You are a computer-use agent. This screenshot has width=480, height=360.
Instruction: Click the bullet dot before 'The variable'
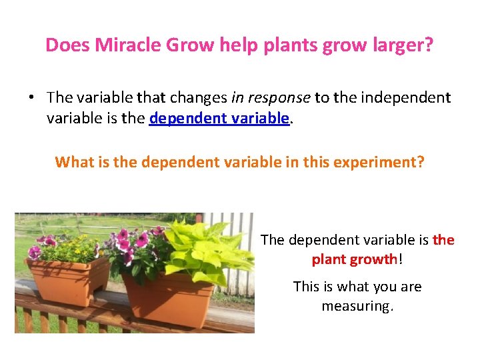pyautogui.click(x=31, y=98)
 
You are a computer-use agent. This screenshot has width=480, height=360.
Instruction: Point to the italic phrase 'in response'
pyautogui.click(x=271, y=97)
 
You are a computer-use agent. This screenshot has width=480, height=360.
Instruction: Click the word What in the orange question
pyautogui.click(x=73, y=162)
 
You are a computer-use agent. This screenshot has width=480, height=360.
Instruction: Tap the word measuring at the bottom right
pyautogui.click(x=357, y=306)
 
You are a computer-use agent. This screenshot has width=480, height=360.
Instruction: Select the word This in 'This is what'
pyautogui.click(x=307, y=287)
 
